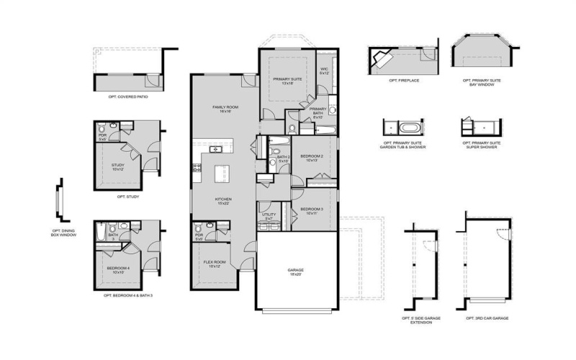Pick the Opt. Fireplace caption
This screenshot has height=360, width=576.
click(404, 81)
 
